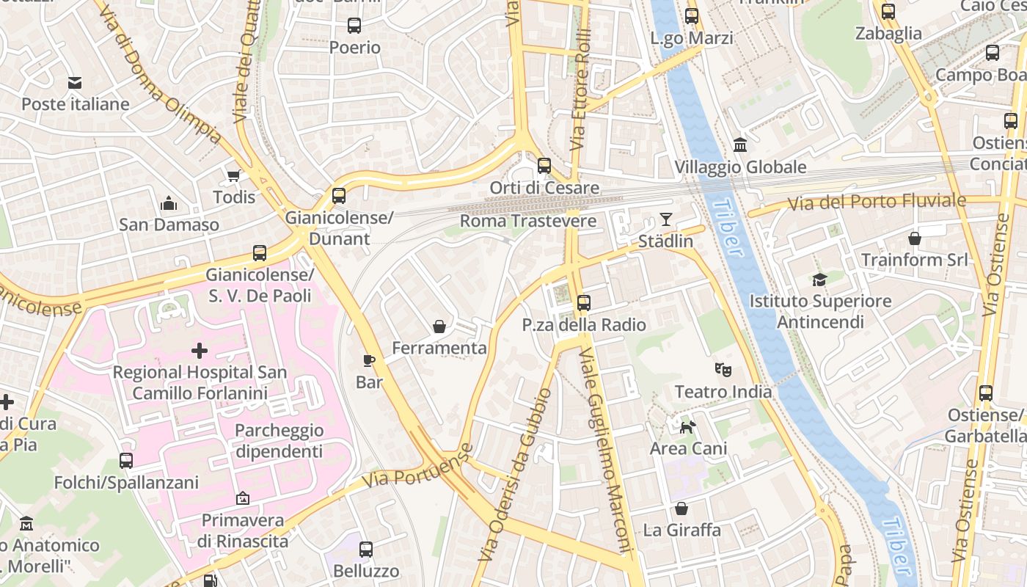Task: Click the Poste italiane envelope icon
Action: click(75, 83)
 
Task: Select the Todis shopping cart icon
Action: click(234, 175)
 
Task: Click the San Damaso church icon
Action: click(169, 203)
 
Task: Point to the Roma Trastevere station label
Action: click(528, 221)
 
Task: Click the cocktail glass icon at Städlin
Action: click(665, 219)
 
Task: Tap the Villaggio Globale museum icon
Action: click(740, 145)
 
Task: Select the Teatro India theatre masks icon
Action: click(723, 370)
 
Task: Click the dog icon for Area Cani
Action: click(688, 427)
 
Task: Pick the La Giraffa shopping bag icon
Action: click(681, 508)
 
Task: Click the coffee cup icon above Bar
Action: click(370, 360)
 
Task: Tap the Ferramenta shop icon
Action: click(439, 327)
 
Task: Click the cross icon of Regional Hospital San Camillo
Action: click(199, 351)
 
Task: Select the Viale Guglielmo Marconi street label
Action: click(605, 449)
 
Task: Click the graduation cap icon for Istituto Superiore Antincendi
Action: click(819, 280)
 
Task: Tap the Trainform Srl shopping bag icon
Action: click(914, 238)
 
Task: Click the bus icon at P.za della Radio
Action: click(584, 302)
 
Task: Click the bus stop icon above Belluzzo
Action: click(366, 549)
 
